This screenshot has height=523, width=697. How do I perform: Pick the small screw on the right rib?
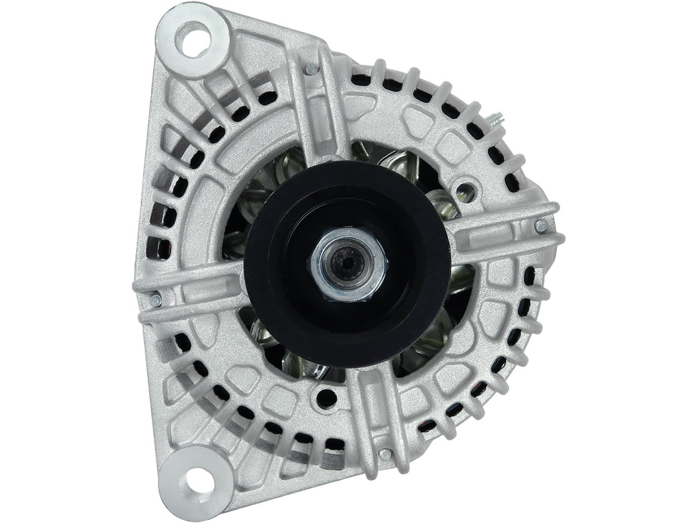[x=541, y=226]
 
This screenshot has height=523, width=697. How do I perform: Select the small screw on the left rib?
[x=155, y=300]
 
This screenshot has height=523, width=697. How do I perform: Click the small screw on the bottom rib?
[x=385, y=455]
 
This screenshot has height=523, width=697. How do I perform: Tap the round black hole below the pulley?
[x=326, y=398]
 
